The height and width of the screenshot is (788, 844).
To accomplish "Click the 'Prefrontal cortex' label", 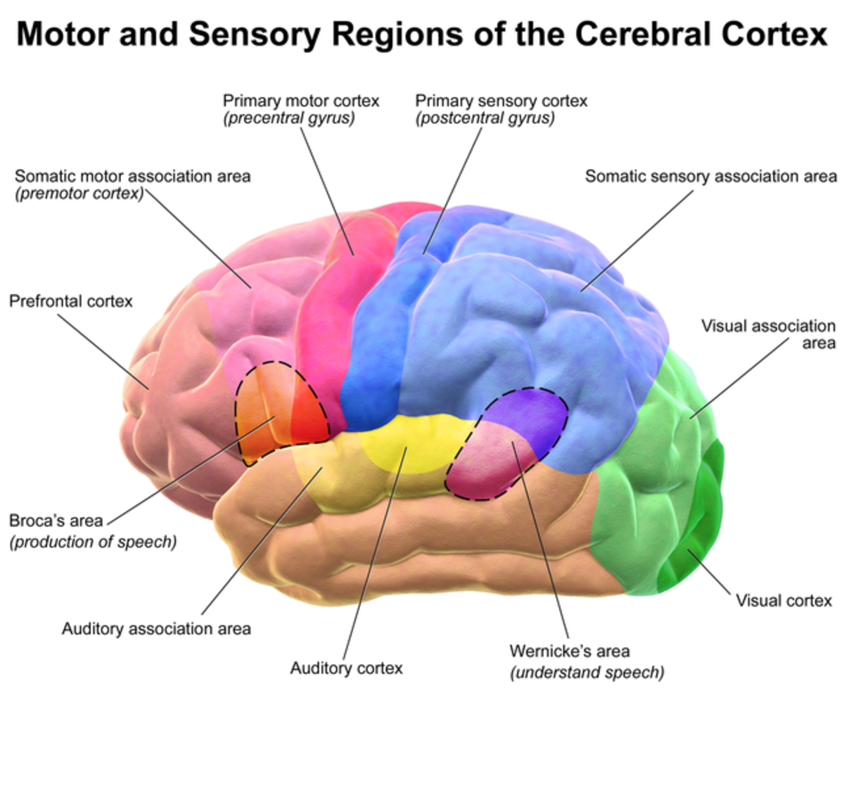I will pyautogui.click(x=71, y=302).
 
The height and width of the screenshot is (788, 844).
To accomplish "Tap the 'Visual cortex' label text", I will pyautogui.click(x=784, y=601).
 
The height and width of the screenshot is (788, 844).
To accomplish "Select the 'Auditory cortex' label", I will pyautogui.click(x=346, y=668).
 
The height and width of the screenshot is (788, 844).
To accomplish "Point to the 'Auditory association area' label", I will pyautogui.click(x=156, y=628).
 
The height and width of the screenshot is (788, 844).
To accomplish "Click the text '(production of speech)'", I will pyautogui.click(x=93, y=542).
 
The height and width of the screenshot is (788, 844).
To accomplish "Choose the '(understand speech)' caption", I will pyautogui.click(x=587, y=673).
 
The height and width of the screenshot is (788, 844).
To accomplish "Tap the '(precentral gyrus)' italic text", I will pyautogui.click(x=289, y=118).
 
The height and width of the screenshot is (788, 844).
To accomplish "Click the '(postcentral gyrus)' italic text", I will pyautogui.click(x=485, y=118).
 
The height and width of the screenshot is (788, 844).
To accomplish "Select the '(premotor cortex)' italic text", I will pyautogui.click(x=79, y=193).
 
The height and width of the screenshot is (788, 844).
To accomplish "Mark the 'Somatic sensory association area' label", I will pyautogui.click(x=711, y=176).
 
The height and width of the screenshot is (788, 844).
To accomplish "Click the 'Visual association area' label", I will pyautogui.click(x=769, y=334).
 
